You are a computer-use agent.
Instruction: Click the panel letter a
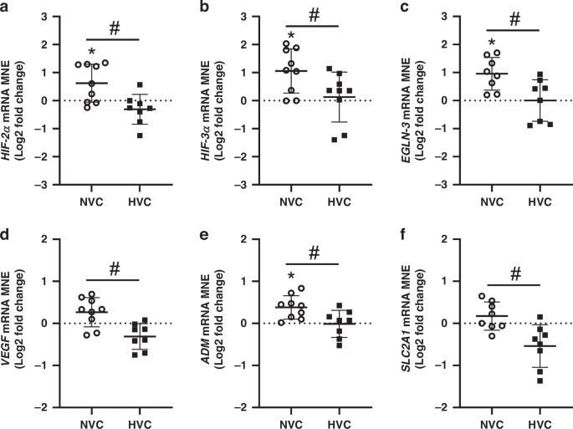(6, 7)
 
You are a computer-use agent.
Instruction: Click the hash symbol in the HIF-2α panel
(114, 28)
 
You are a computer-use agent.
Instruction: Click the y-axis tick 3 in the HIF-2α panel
(52, 16)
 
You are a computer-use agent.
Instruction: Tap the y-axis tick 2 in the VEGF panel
(52, 239)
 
